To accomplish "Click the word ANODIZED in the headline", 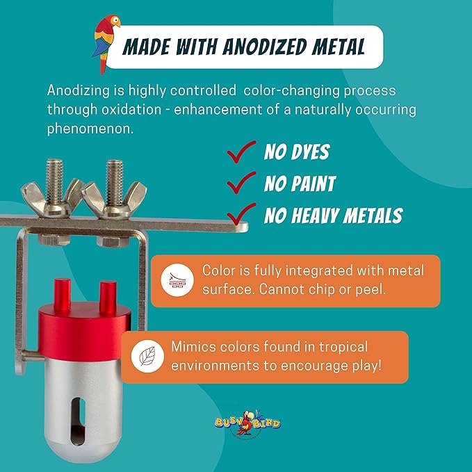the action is [263, 47].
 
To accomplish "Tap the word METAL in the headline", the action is [339, 47].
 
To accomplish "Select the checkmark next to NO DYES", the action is [241, 152].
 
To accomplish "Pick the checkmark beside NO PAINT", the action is [241, 182].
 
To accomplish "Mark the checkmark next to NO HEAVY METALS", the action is [241, 213].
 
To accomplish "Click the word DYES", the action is [310, 152].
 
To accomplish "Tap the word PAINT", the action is [314, 184].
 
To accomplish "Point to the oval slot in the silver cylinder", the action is [78, 421].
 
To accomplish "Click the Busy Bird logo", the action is [247, 423].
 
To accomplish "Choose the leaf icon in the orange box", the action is [147, 357].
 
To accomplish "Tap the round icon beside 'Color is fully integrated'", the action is [177, 280].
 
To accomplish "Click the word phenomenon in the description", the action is [90, 129].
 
